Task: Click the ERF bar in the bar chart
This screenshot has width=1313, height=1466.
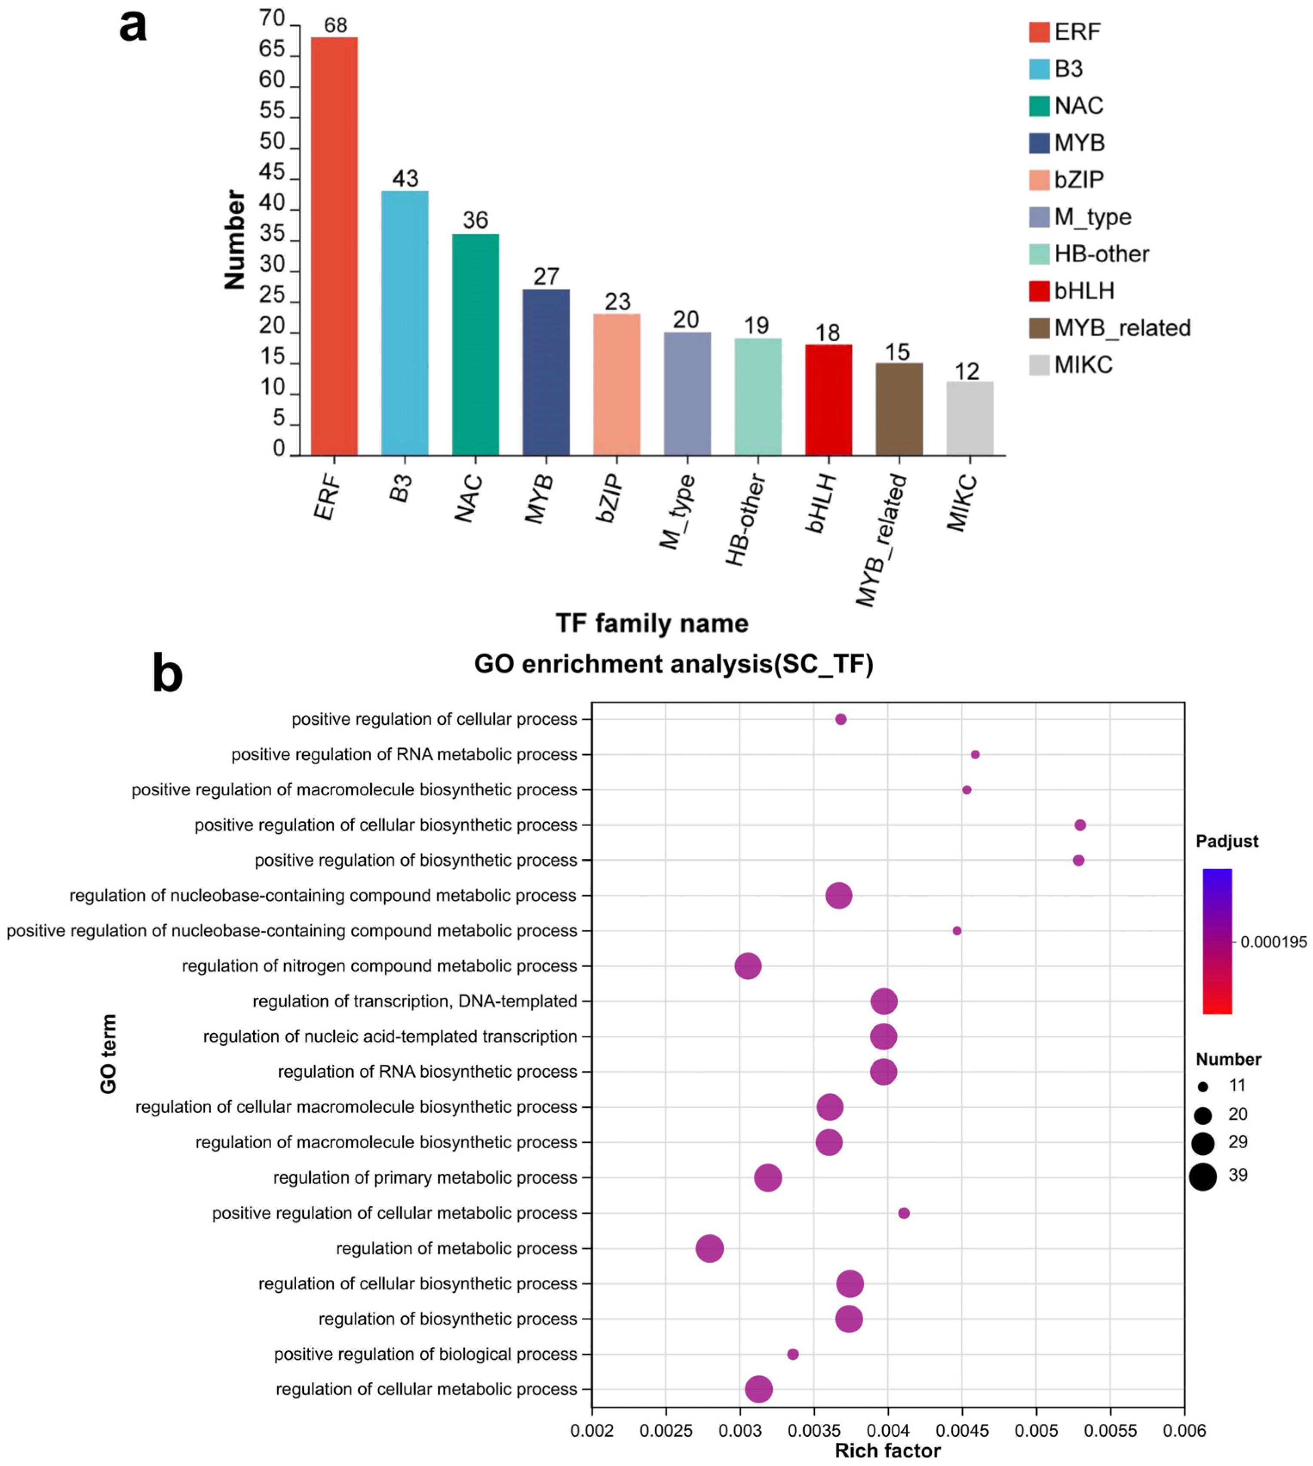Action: (x=334, y=245)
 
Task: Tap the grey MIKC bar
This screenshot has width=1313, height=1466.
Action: (x=969, y=418)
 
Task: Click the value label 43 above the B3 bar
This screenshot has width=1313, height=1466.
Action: (x=405, y=179)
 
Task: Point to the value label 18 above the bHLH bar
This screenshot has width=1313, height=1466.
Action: (x=828, y=333)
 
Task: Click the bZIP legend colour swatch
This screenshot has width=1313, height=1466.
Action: (x=1039, y=180)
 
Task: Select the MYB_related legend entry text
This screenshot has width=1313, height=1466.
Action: (x=1122, y=328)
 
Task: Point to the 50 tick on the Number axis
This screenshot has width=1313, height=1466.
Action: (x=272, y=141)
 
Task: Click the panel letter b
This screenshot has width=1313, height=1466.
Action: (x=167, y=674)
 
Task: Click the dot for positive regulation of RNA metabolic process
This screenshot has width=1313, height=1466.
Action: (x=976, y=754)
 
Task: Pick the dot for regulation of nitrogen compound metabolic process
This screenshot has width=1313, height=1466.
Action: (x=748, y=966)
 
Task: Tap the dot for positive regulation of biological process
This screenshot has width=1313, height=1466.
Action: (x=793, y=1354)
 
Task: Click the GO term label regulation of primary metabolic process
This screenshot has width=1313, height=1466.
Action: (x=425, y=1178)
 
